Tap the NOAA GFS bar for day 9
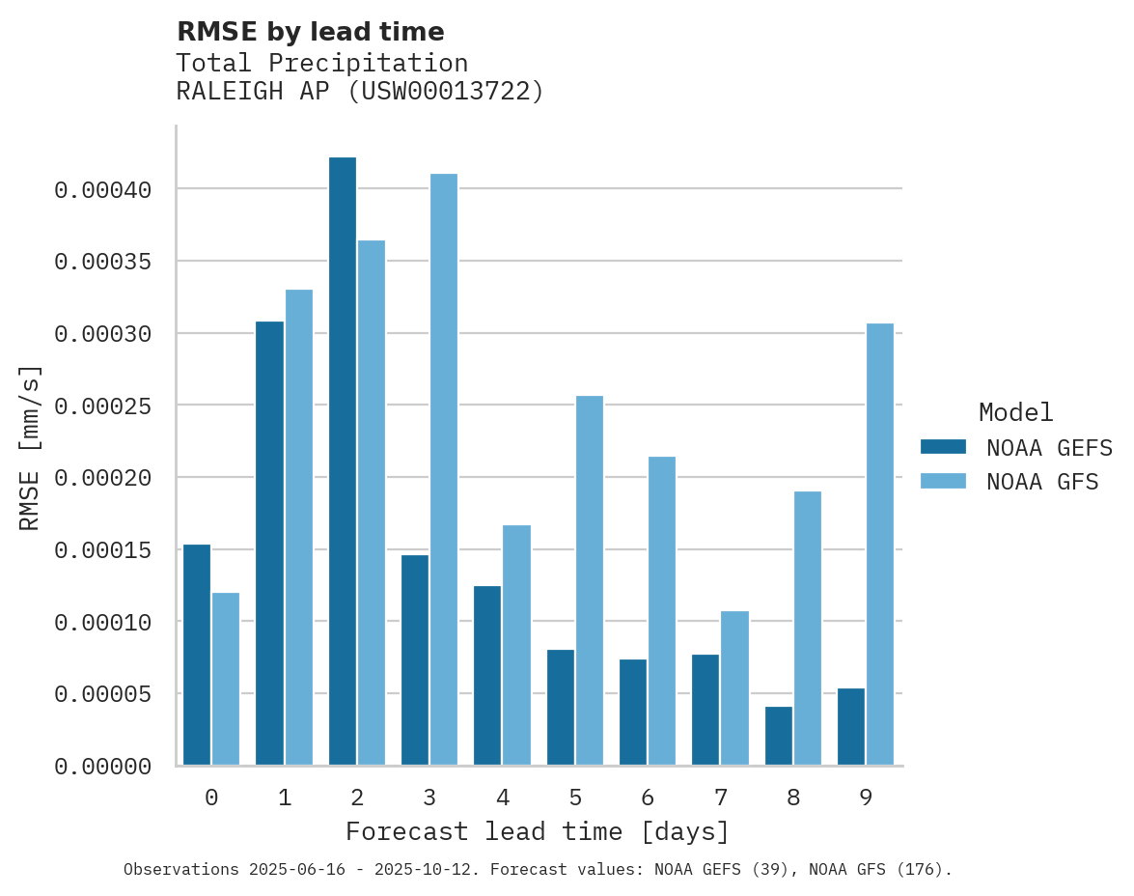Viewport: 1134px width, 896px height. (880, 545)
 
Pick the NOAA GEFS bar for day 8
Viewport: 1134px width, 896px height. (778, 736)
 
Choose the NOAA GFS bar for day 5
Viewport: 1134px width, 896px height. (590, 580)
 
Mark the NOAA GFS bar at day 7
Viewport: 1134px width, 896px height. (734, 687)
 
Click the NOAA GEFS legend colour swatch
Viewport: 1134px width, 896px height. (943, 446)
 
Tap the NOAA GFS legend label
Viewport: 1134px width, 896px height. (1042, 482)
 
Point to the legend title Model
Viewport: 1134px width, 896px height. (1015, 412)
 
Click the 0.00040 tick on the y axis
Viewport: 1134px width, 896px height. (102, 190)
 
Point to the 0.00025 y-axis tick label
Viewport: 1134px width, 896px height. (102, 406)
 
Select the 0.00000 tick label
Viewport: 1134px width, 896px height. (102, 767)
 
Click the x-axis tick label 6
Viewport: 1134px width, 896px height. (648, 798)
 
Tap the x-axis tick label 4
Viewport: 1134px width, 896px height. (502, 798)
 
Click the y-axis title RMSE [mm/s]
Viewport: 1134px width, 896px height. (30, 447)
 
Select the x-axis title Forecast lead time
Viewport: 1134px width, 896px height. (538, 831)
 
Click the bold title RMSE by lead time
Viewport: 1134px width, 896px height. (310, 32)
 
